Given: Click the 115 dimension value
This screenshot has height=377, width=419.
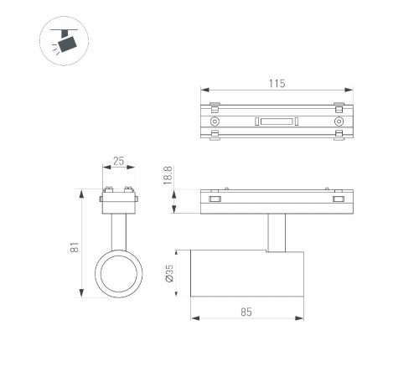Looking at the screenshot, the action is coord(277,84).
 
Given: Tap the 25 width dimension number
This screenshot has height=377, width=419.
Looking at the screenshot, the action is coord(118,161).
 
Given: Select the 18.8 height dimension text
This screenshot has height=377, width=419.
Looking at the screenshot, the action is coord(168,175).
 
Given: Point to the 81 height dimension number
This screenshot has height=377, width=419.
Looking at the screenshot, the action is coord(75,247).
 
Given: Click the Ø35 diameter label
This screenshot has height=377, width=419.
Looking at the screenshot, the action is coord(169,273).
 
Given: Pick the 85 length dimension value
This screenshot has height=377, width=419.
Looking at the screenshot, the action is coord(246,312).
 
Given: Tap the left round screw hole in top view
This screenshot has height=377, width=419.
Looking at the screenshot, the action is coord(215,121).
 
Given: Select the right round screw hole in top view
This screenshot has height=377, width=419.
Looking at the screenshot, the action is coord(339,121).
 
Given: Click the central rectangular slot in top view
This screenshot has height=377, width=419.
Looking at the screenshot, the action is coord(277,121).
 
